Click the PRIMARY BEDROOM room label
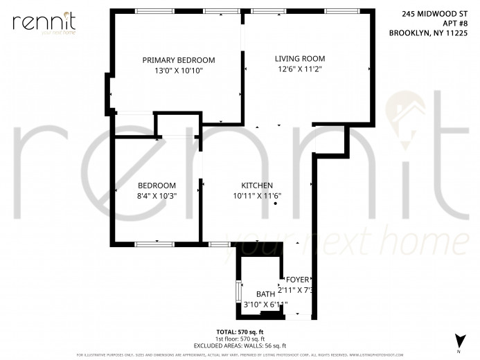[179, 60]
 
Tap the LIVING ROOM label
[299, 59]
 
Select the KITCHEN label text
[256, 186]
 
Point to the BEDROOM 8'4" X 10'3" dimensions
[157, 196]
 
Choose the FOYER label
[297, 280]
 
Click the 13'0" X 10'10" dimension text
[178, 71]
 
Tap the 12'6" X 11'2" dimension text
[300, 69]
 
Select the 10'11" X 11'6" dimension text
[256, 196]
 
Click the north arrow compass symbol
[458, 341]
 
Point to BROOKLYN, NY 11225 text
[428, 32]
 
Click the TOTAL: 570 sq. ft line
[240, 332]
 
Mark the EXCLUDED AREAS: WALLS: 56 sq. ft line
[240, 345]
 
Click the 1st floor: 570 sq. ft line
[240, 339]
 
